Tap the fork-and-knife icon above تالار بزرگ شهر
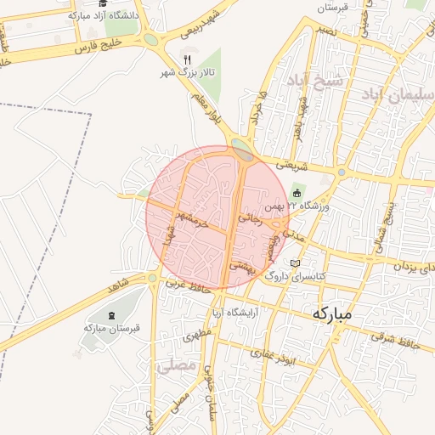186,59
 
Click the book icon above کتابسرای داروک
296,263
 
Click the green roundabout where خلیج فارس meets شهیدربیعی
150,39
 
